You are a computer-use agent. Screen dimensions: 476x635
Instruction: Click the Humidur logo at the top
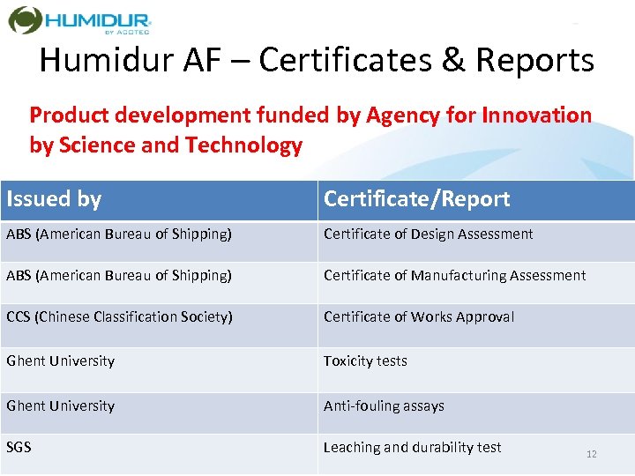(79, 20)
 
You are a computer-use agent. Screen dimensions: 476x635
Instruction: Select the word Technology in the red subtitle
(243, 145)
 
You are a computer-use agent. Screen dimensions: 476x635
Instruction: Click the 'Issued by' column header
(54, 199)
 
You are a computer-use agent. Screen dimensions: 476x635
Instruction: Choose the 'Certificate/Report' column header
(416, 199)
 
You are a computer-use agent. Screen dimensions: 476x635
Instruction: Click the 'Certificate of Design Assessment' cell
(428, 234)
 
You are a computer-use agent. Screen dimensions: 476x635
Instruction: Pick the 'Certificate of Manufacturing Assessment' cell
(454, 276)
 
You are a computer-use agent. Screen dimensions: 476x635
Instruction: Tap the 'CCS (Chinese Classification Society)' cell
(119, 317)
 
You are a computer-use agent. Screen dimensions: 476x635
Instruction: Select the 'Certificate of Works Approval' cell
(418, 317)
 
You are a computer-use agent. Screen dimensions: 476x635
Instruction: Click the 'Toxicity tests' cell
(365, 361)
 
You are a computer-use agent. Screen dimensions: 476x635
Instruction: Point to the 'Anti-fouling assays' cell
(384, 406)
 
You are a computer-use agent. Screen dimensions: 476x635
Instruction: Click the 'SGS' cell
(19, 448)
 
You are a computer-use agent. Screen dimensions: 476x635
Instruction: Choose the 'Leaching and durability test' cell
(412, 448)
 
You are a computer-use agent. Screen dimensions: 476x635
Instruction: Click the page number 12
(591, 454)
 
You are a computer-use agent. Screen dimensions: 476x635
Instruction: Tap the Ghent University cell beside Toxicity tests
(60, 361)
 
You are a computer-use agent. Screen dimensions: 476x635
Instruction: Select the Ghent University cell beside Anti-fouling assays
(60, 406)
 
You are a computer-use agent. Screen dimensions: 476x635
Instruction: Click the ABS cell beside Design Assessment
(119, 234)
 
